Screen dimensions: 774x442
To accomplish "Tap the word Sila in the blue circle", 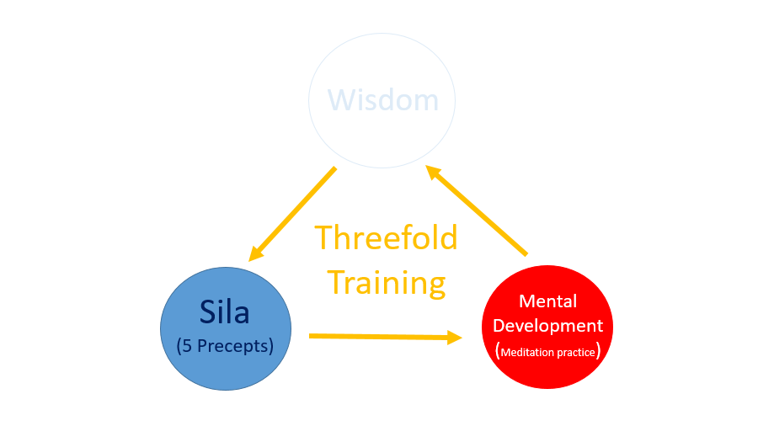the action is [x=225, y=312].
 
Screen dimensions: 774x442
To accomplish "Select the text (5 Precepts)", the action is [x=225, y=346].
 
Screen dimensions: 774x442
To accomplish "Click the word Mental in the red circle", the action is [x=548, y=301].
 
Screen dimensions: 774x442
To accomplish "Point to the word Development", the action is [x=548, y=326].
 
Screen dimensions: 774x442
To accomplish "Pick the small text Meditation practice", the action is [x=548, y=352].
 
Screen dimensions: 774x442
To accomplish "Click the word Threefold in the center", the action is [x=386, y=237].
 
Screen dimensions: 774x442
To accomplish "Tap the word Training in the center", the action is [x=387, y=283].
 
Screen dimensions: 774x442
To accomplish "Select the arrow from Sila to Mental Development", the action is [x=386, y=337].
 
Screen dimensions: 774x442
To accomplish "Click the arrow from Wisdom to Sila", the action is [x=293, y=214].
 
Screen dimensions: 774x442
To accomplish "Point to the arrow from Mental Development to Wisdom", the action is [x=477, y=210].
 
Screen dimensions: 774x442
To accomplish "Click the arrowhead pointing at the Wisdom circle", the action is [x=432, y=172].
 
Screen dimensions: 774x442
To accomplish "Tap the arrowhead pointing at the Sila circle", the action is [x=256, y=253].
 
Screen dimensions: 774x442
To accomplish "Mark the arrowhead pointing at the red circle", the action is [x=455, y=338].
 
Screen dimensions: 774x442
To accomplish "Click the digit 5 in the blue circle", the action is [x=187, y=346].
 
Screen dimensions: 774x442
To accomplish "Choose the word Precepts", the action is [x=233, y=346].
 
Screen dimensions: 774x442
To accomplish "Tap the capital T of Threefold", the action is [x=323, y=237].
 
